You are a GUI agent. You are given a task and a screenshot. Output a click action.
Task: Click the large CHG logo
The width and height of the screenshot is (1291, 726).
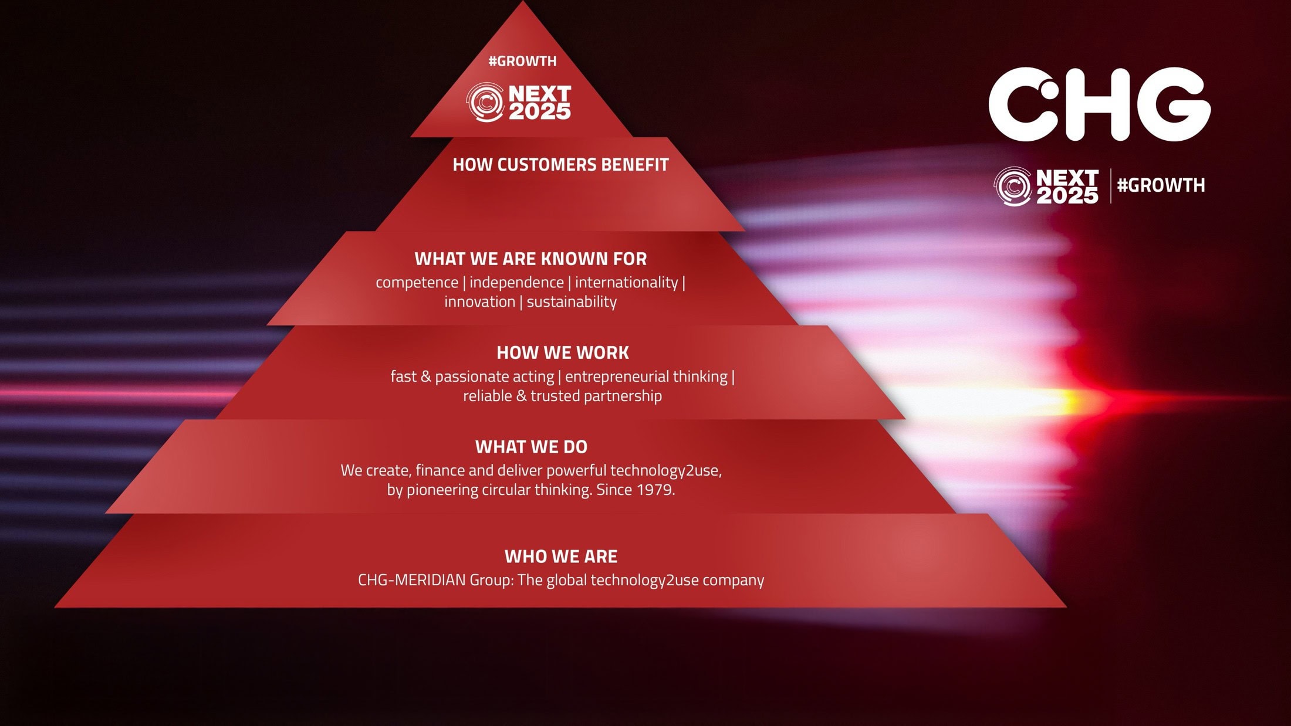click(x=1099, y=104)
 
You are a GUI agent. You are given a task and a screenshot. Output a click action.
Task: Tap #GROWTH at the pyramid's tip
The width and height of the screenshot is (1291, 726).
click(x=522, y=61)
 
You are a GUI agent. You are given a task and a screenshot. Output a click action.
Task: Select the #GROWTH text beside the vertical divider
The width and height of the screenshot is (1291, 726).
click(x=1161, y=185)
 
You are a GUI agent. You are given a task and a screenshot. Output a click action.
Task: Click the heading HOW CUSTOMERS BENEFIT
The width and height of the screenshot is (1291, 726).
click(x=560, y=165)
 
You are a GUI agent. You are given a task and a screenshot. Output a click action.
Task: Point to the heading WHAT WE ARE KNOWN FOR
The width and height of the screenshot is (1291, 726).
click(x=530, y=259)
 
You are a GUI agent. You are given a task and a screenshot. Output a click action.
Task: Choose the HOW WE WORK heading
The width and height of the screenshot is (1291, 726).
click(x=563, y=352)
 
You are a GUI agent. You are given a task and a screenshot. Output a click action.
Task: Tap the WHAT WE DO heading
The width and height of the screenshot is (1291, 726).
click(x=531, y=447)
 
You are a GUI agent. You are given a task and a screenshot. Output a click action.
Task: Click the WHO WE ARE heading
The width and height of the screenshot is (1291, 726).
click(x=561, y=556)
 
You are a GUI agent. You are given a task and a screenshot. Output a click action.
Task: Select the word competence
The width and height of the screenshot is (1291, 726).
click(x=417, y=283)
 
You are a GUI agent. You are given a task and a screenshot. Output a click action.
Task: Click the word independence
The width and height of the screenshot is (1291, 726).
click(x=516, y=282)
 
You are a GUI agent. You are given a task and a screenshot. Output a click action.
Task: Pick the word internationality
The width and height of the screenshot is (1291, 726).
click(x=626, y=282)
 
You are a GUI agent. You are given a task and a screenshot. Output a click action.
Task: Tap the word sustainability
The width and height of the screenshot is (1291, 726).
click(x=572, y=301)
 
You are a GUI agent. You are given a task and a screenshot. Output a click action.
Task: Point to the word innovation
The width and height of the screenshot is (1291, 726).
click(x=479, y=301)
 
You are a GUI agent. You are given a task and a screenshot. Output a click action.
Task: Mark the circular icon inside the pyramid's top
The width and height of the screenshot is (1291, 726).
click(x=485, y=103)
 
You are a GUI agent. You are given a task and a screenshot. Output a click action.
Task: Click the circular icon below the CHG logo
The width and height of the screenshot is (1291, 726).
click(x=1013, y=186)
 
